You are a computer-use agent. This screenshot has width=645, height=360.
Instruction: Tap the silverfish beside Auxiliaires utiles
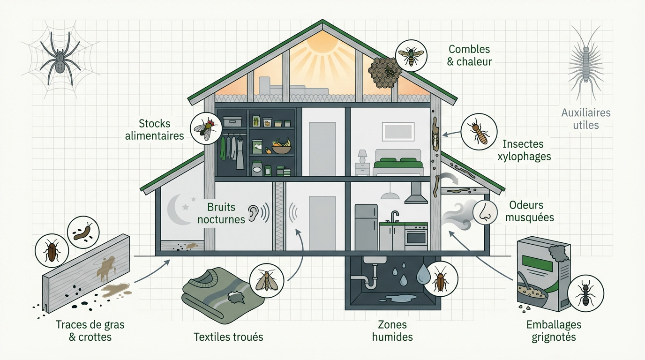pos(585,62)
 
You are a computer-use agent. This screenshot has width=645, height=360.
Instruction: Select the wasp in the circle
pos(411,56)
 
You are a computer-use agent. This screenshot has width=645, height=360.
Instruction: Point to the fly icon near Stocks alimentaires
pos(206,128)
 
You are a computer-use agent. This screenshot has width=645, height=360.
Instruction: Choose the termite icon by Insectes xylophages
pos(479,132)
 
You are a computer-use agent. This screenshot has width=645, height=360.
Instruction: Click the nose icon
pos(485,212)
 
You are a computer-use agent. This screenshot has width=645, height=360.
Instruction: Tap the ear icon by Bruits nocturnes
pos(254,213)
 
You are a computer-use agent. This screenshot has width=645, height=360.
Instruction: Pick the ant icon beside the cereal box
pos(585,293)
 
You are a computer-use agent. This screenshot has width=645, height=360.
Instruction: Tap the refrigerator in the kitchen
pos(366,227)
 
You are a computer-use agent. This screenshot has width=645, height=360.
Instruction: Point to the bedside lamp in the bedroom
pos(362,157)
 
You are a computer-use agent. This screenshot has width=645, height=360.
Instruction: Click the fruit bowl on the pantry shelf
pos(281,146)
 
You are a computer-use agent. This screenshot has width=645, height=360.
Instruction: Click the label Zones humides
pos(392,330)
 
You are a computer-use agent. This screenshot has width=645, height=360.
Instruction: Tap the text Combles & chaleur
pos(469,55)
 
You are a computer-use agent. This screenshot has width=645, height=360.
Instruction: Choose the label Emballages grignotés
pos(554,330)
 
